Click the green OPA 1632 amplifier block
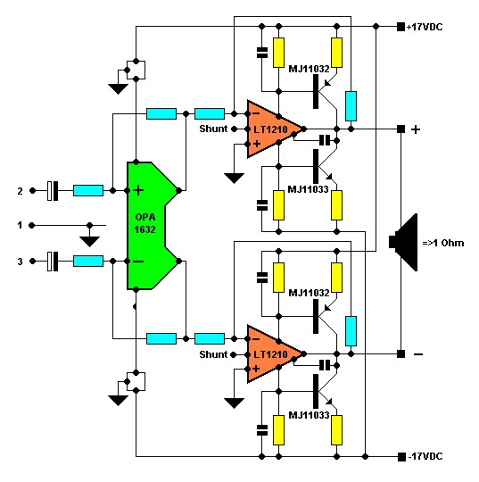pos(147,225)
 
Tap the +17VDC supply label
pos(425,27)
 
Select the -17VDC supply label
pos(425,456)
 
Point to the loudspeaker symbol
pos(404,242)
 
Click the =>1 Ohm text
pos(442,243)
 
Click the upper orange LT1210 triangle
pos(272,129)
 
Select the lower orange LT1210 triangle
pos(272,354)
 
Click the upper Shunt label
pos(213,129)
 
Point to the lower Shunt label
pos(213,354)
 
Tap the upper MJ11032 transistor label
pos(309,69)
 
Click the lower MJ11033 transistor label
pos(309,415)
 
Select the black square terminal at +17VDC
pos(401,27)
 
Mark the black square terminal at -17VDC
pos(401,457)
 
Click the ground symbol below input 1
pos(89,241)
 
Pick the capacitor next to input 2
pos(53,191)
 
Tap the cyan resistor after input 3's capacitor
pos(88,262)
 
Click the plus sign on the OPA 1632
pos(138,190)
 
